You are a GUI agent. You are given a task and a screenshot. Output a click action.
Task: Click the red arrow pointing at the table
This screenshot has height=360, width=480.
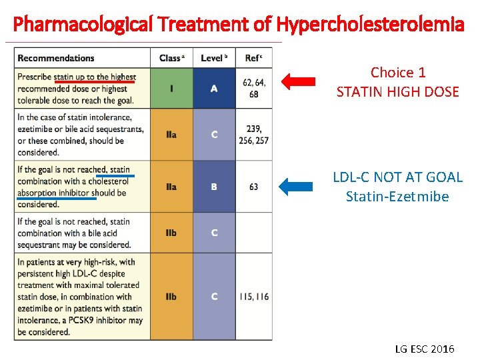pos(297,82)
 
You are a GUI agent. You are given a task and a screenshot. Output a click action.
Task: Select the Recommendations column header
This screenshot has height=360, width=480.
pos(56,58)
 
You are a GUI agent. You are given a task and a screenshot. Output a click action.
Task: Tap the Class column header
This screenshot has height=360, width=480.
pos(171,58)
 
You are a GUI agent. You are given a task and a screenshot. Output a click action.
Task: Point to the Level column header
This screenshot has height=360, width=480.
pos(213,58)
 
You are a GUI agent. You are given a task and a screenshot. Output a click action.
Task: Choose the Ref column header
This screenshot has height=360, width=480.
pos(253,58)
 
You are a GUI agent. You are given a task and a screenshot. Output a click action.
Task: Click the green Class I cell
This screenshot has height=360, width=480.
pos(171,89)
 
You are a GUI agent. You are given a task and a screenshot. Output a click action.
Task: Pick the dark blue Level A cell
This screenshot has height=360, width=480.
pos(213,89)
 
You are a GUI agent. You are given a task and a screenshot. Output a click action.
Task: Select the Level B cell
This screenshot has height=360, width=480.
pos(213,187)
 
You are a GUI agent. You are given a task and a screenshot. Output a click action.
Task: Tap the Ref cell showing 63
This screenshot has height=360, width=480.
pos(253,187)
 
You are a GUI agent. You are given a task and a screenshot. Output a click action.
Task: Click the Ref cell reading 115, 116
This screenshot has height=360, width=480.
pos(253,297)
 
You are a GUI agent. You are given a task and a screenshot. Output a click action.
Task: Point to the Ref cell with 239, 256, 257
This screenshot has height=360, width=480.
pos(253,135)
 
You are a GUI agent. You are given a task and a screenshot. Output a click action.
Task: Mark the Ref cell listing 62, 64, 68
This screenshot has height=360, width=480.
pos(253,89)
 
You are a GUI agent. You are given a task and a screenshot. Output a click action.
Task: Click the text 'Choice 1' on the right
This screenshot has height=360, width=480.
pos(398,72)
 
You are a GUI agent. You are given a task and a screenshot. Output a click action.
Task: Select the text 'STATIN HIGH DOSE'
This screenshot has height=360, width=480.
pos(398,92)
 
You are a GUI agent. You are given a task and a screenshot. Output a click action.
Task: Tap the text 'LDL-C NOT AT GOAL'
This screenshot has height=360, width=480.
pos(398,177)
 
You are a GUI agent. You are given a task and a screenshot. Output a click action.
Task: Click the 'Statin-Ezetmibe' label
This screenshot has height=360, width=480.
pos(398,197)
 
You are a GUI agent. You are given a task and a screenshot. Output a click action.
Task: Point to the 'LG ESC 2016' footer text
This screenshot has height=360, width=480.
pos(425,349)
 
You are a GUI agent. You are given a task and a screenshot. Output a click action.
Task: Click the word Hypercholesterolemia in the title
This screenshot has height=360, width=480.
pos(370,25)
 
